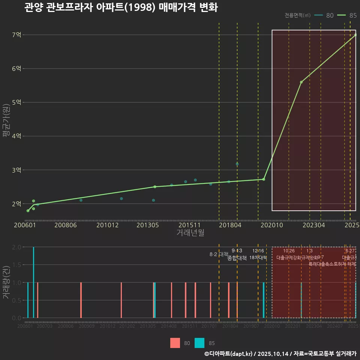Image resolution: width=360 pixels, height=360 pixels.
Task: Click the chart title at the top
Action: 121,7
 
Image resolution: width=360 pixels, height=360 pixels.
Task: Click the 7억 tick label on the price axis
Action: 16,35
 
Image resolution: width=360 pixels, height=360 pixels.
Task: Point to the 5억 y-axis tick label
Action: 16,102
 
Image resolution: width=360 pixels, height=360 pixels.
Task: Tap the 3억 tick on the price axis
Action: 16,170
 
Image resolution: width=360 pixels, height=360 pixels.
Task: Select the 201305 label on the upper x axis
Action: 147,225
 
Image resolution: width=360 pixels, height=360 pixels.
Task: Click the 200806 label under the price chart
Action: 66,225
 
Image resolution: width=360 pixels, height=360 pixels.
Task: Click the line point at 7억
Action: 355,35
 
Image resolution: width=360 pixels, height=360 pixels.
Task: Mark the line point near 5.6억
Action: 301,82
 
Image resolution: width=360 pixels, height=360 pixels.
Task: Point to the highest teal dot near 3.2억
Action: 237,164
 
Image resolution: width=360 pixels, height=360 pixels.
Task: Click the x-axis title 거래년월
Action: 190,233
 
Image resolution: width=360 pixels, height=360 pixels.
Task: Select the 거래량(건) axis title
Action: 6,282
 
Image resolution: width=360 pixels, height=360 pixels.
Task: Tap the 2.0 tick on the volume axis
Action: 16,247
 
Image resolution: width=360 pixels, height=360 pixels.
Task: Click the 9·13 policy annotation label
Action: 237,251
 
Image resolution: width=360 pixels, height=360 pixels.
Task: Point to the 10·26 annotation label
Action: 289,251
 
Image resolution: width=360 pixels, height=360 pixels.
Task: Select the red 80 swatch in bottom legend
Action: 175,343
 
